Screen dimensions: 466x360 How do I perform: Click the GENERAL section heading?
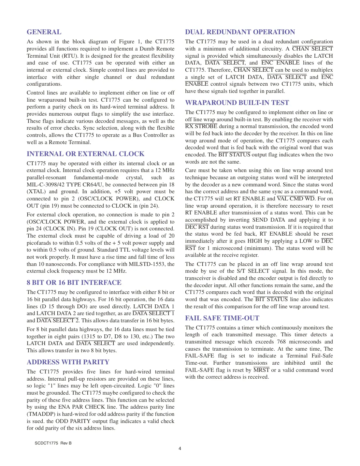[44, 32]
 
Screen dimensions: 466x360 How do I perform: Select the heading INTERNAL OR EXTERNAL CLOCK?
[85, 154]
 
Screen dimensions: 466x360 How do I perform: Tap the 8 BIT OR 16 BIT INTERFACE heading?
[74, 283]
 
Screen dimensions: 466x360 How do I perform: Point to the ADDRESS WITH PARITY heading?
[68, 362]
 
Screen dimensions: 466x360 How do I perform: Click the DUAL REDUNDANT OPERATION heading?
[240, 32]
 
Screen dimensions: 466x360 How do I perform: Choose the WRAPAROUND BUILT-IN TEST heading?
[237, 103]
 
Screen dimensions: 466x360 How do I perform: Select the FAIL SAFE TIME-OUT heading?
[222, 318]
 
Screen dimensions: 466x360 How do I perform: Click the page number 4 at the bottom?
[180, 448]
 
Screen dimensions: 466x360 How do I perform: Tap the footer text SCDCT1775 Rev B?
[53, 443]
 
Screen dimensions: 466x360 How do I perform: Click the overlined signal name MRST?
[261, 370]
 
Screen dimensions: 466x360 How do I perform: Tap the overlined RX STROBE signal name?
[201, 126]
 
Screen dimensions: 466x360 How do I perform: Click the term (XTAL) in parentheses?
[36, 192]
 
